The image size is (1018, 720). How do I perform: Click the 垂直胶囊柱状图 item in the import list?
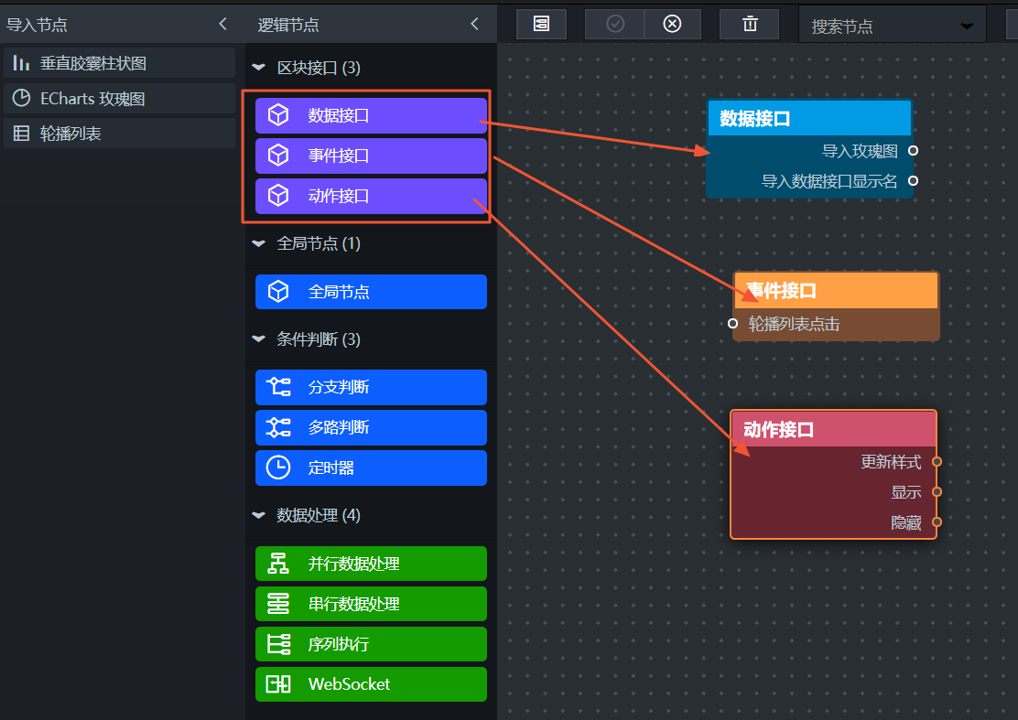pos(119,63)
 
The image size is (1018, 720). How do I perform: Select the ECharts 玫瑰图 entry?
pos(119,99)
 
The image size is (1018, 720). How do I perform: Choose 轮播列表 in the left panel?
pos(119,134)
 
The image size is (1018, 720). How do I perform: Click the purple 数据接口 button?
pos(371,115)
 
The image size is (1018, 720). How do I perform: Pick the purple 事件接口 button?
pos(371,156)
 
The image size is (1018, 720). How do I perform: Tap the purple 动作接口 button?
pos(371,196)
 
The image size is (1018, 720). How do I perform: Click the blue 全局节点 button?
pos(371,292)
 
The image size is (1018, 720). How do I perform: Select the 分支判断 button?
pos(371,387)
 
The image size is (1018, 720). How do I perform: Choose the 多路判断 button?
pos(371,427)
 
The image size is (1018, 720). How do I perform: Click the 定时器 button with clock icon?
pos(371,467)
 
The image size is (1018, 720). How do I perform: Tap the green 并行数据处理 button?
pos(371,564)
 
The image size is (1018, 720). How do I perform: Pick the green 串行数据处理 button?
pos(371,604)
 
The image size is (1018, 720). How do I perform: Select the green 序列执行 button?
pos(371,644)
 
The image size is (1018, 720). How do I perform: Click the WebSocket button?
pos(371,684)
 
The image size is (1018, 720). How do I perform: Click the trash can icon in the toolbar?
pos(750,24)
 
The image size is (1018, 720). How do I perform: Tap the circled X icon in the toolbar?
pos(672,24)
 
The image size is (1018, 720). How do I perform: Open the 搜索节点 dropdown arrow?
pos(967,26)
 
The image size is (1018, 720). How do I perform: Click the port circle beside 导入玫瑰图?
pos(913,150)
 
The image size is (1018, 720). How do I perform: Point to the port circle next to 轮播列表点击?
pos(733,323)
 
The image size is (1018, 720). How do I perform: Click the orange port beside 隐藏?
pos(937,521)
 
